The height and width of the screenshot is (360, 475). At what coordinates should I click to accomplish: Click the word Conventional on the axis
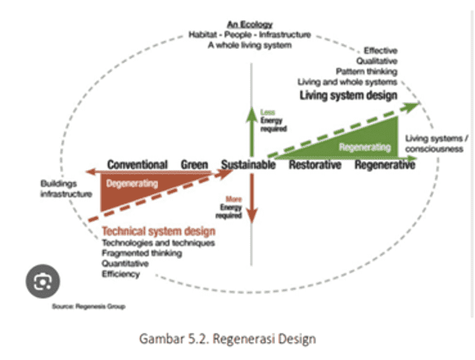click(137, 165)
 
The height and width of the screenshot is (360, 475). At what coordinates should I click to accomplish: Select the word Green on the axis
click(194, 165)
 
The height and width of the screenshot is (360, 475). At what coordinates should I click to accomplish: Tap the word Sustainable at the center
click(248, 165)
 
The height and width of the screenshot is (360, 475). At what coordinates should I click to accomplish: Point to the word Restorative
click(316, 165)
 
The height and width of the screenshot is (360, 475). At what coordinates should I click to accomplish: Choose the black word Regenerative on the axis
click(385, 165)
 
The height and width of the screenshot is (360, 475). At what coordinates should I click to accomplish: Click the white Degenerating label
click(132, 183)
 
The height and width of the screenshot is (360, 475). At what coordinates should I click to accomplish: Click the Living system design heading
click(349, 96)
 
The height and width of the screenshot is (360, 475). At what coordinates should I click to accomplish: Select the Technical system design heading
click(158, 232)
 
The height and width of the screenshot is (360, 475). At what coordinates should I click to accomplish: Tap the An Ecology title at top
click(250, 25)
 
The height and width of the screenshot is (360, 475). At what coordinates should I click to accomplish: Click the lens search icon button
click(41, 280)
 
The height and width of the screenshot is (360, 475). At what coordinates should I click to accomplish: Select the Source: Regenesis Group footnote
click(89, 306)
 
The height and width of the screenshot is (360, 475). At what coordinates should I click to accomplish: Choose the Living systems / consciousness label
click(434, 144)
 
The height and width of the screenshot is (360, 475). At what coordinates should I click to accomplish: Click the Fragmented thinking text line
click(142, 253)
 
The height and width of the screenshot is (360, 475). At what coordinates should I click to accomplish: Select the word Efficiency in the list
click(121, 274)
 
